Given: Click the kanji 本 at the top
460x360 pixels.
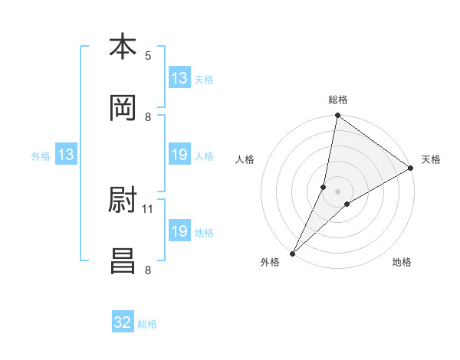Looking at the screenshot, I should tap(123, 47).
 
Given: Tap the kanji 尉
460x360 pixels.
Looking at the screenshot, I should tap(123, 201).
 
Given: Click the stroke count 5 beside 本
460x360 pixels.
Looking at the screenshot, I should tap(148, 55).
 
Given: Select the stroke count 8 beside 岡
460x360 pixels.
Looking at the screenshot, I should tap(148, 116).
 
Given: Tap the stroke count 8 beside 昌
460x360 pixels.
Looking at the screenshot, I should tap(148, 269).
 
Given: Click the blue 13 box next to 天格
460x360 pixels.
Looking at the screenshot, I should tap(179, 78).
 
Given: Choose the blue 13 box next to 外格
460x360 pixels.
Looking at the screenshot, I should tap(66, 155).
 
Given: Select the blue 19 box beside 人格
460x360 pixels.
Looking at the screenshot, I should tap(179, 155).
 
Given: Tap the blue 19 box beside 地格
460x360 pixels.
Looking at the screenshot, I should tap(179, 231).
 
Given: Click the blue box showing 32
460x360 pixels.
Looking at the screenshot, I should tap(123, 322).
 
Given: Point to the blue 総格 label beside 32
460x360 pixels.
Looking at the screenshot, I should tap(147, 323).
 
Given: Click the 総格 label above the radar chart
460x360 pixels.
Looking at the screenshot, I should tap(338, 100).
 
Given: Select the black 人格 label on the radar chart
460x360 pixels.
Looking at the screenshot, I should tap(245, 159).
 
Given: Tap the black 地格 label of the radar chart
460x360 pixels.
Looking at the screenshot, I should tap(402, 262).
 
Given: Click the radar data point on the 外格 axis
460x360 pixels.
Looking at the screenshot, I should tap(292, 253).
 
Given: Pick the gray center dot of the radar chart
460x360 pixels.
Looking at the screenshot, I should tap(338, 191).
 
